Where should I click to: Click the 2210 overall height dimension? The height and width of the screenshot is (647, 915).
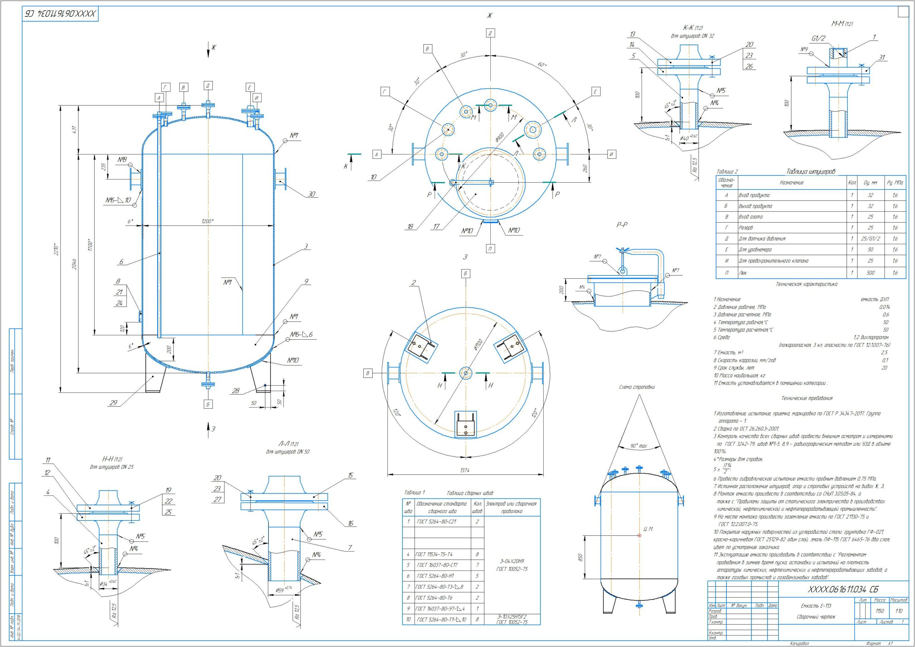tap(57, 250)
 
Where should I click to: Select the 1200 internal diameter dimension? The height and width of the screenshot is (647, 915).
tap(207, 221)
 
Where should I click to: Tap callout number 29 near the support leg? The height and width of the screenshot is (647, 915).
tap(114, 403)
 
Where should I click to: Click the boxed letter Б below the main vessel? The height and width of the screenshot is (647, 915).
tap(208, 404)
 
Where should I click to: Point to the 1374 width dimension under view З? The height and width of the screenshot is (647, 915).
tap(465, 470)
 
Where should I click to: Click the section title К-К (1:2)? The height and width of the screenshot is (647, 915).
tap(693, 28)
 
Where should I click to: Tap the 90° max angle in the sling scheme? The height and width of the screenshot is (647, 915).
tap(638, 446)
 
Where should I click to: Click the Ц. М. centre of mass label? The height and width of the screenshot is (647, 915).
tap(648, 529)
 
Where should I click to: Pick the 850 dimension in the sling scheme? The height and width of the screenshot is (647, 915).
tap(581, 557)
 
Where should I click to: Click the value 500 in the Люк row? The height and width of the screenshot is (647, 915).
tap(870, 273)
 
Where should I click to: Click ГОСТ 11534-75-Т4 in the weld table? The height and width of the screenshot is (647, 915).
tap(434, 554)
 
